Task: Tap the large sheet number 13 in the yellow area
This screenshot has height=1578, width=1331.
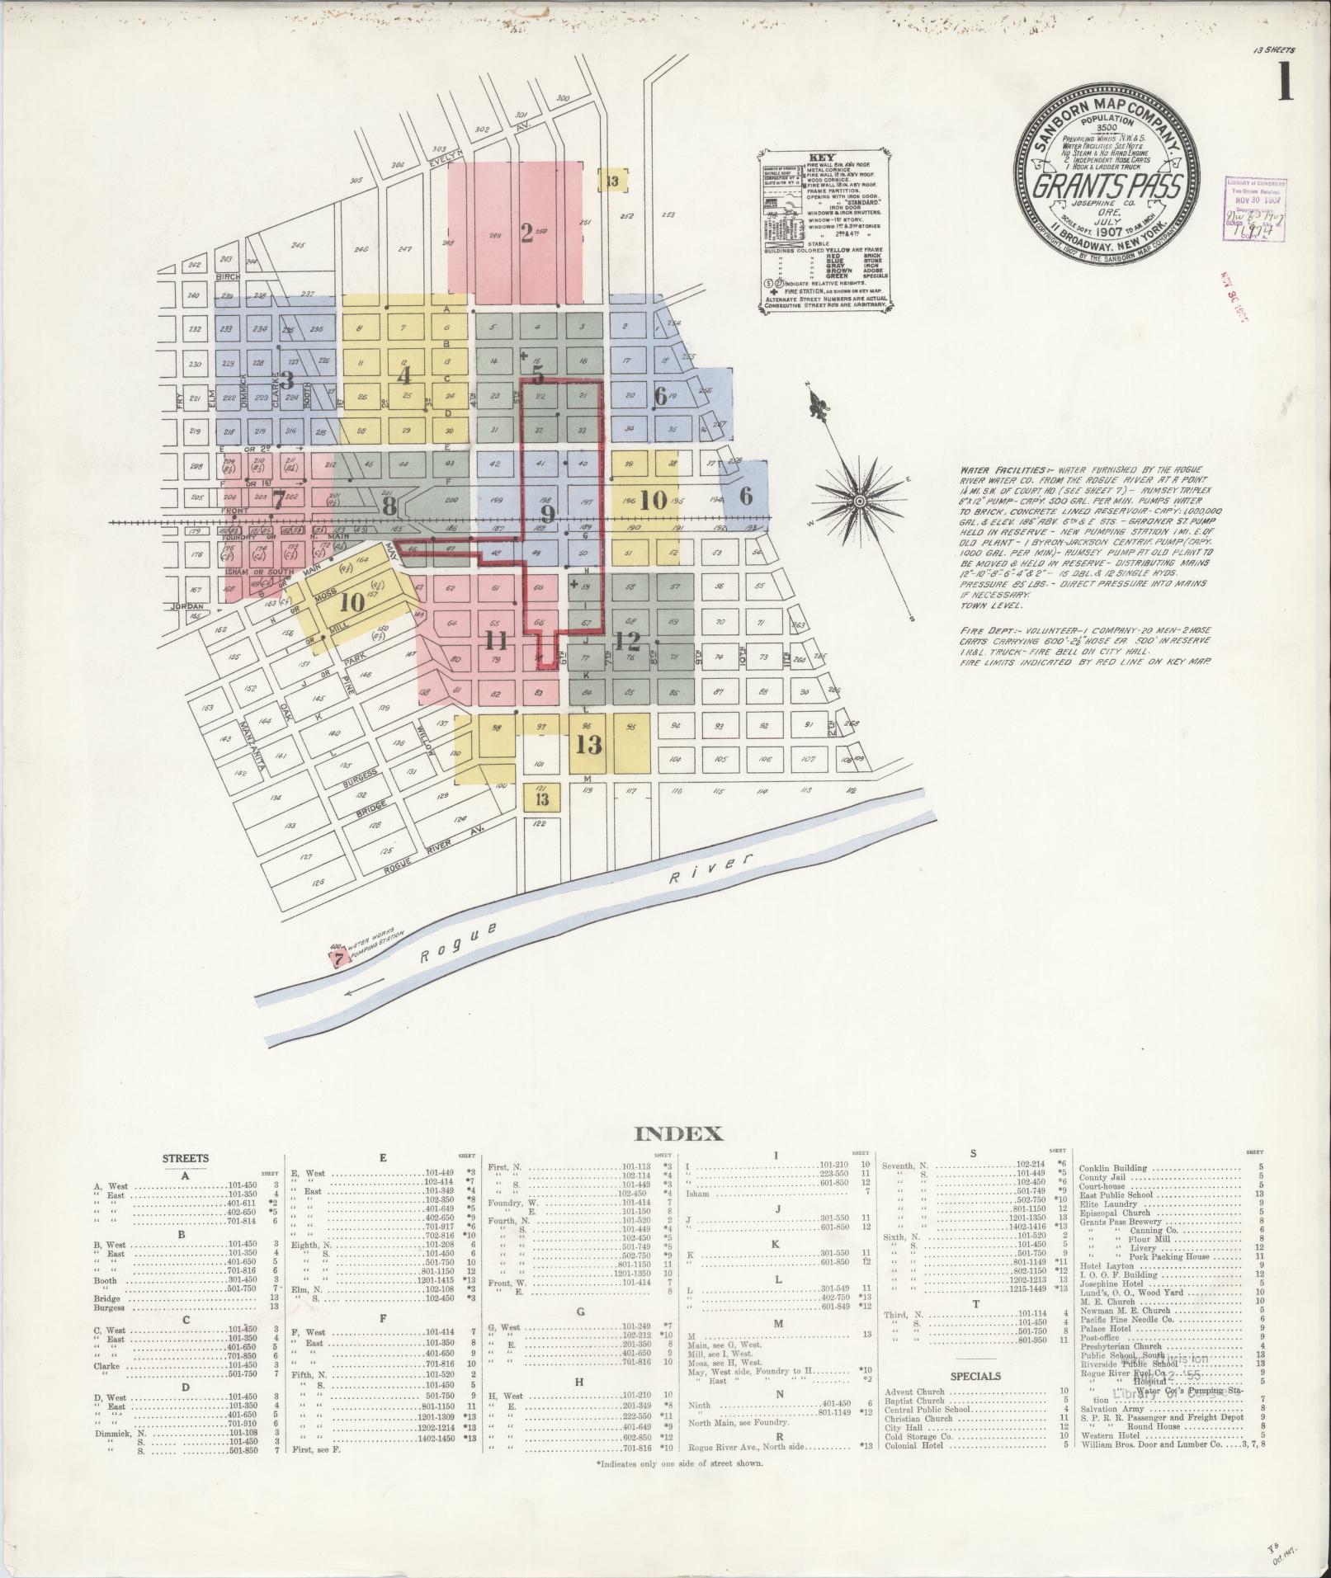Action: click(x=588, y=745)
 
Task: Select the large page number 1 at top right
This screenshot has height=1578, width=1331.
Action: click(x=1284, y=83)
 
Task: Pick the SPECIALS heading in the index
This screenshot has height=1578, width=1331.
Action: click(x=975, y=1376)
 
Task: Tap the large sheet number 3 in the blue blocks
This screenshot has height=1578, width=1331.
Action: click(x=287, y=380)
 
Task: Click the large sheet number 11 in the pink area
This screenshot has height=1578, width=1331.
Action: click(x=497, y=640)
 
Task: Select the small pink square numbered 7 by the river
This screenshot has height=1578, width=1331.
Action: click(x=337, y=959)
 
